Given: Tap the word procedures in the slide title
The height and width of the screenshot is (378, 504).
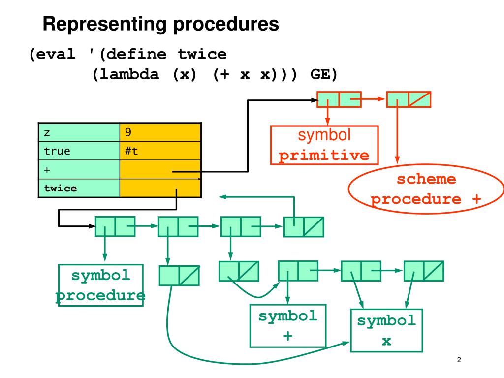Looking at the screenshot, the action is (226, 25).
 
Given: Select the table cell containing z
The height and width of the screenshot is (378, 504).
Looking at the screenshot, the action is (79, 132).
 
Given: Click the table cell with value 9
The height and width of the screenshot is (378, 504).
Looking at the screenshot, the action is (160, 132).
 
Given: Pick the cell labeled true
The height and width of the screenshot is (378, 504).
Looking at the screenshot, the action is (79, 151).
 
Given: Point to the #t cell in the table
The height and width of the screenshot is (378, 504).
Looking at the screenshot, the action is (160, 151).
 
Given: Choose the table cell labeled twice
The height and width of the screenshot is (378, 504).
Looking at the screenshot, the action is (79, 188).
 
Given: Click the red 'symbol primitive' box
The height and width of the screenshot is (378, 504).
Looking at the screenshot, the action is (324, 145).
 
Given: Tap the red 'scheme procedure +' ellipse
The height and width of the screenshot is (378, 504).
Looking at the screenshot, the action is (426, 189).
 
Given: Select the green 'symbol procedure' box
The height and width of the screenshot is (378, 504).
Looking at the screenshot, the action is (100, 285).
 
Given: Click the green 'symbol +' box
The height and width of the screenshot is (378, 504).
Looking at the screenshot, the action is (288, 326).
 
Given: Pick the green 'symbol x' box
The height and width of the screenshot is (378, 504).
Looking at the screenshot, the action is (386, 330).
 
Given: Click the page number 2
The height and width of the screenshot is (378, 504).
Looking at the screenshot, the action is (459, 360).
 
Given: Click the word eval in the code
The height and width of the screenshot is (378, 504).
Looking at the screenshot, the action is (56, 54).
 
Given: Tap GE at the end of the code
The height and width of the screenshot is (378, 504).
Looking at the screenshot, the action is (320, 74).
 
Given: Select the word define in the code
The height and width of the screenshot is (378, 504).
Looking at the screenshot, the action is (136, 54).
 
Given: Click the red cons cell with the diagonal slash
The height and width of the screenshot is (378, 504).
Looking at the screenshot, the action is (409, 99).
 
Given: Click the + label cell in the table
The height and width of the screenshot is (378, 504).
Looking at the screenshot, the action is (79, 169).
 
